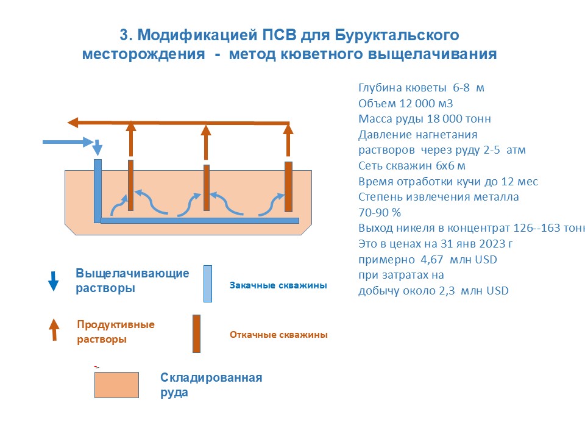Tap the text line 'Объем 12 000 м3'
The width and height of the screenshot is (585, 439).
click(x=405, y=103)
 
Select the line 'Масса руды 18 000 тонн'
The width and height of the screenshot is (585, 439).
click(x=424, y=119)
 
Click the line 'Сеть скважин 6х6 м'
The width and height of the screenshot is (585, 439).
click(x=412, y=166)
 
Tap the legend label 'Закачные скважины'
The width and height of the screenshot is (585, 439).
click(x=278, y=285)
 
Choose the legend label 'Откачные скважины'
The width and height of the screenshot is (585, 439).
click(x=278, y=335)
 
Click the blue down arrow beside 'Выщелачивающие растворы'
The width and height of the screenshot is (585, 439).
click(x=54, y=280)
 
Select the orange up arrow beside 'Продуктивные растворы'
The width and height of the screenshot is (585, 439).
click(x=54, y=329)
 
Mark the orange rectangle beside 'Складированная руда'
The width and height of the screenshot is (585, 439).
click(x=116, y=385)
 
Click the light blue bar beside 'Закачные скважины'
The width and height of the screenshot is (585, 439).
click(x=208, y=284)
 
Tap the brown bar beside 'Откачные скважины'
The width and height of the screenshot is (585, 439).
click(x=196, y=334)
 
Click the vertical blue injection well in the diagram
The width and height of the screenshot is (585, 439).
click(x=97, y=190)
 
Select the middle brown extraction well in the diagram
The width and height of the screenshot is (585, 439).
click(x=207, y=188)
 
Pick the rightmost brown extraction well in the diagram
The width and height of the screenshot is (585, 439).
click(x=288, y=187)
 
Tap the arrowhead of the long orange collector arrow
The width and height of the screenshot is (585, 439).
click(x=73, y=123)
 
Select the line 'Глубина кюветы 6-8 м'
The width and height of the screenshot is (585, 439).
click(x=421, y=88)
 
